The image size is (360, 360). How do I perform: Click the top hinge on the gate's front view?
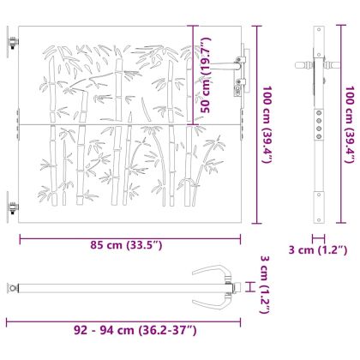coord(12,42)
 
